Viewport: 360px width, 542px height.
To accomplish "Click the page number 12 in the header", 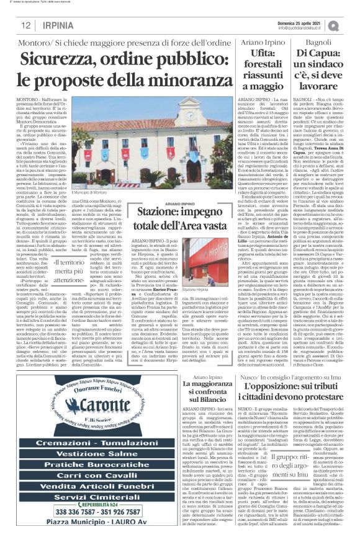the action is (25, 25).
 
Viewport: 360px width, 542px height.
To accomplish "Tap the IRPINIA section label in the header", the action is (58, 25).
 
